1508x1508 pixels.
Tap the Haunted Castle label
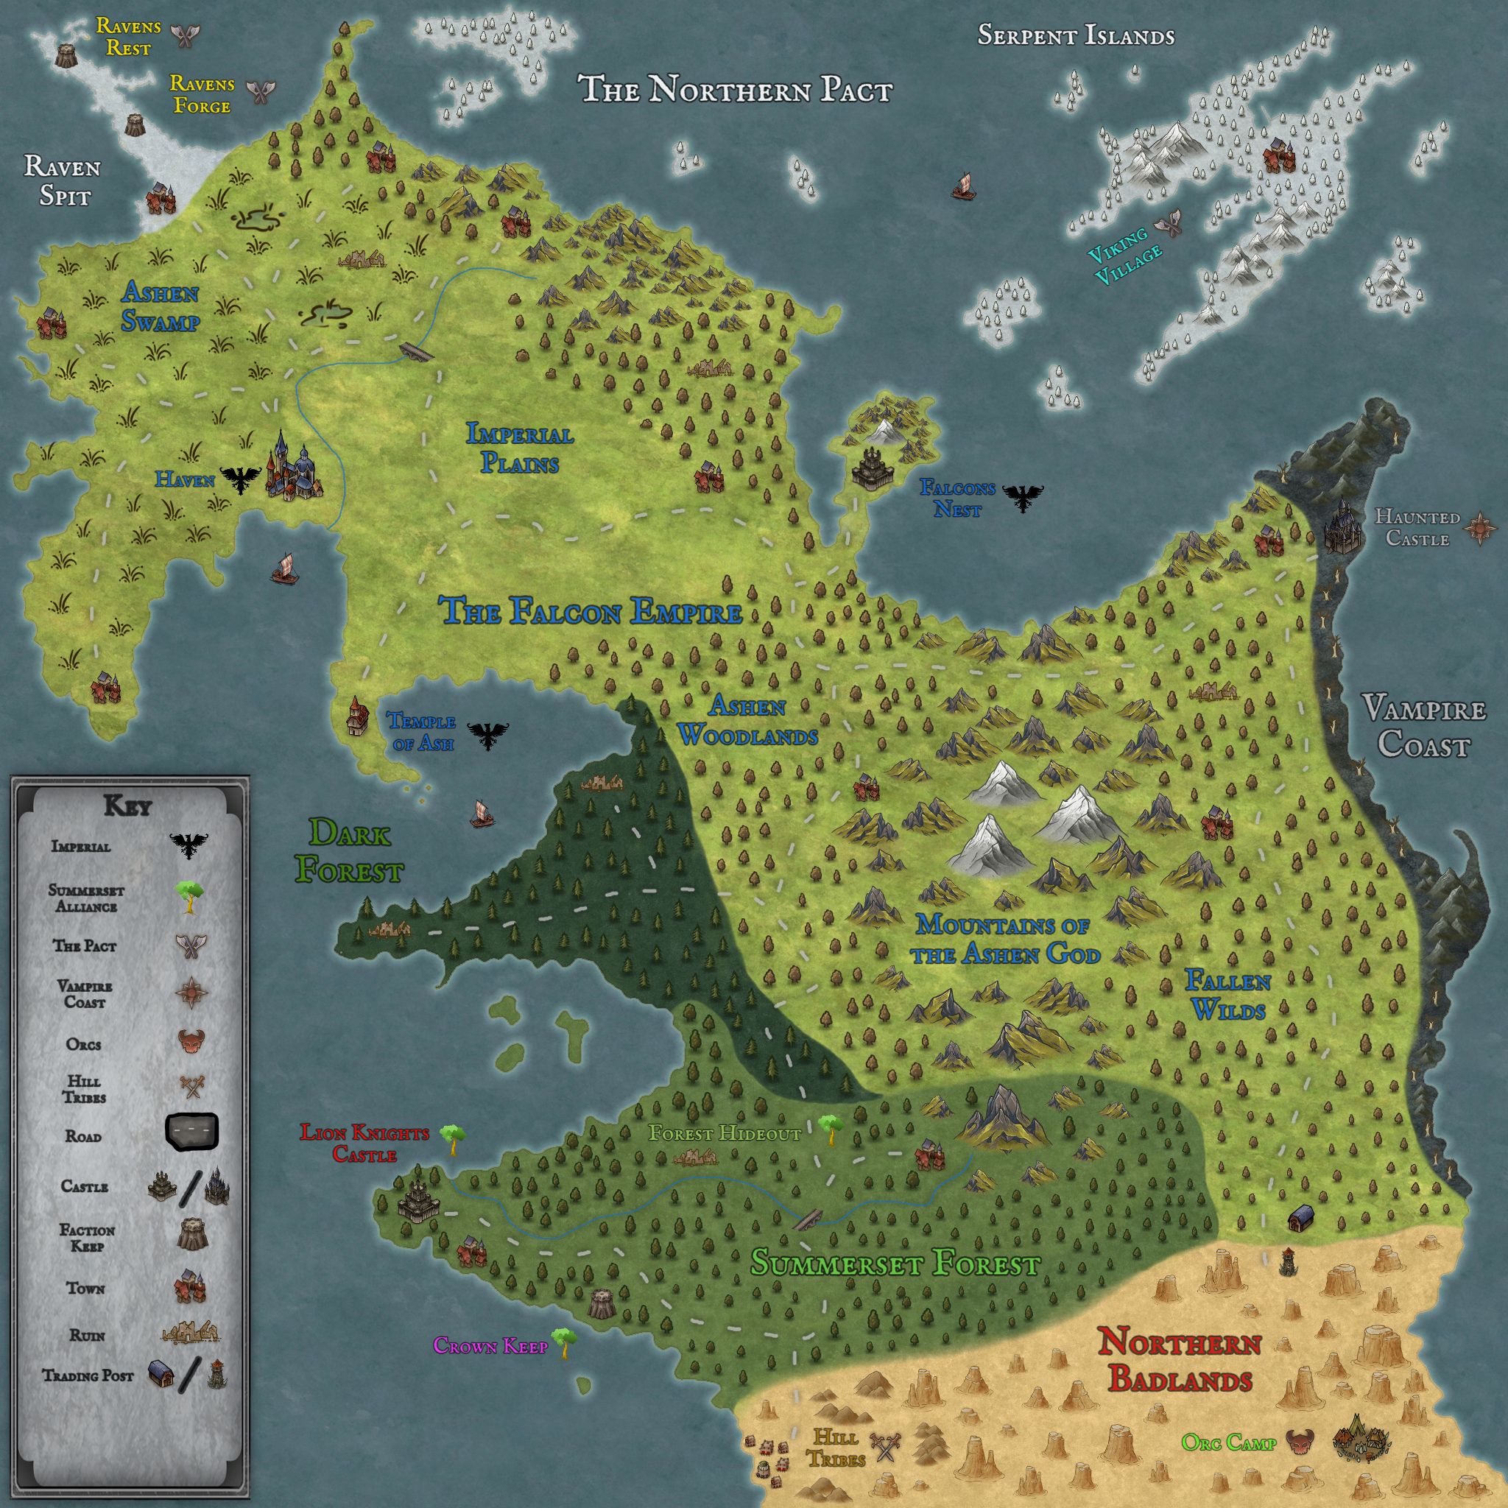[x=1417, y=528]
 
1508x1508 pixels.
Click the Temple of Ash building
[x=356, y=716]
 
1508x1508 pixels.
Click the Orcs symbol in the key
[x=191, y=1042]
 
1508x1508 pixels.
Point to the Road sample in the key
[x=191, y=1132]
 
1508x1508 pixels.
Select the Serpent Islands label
[x=1076, y=36]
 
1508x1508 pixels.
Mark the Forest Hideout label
[x=725, y=1133]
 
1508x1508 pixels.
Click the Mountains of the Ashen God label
[x=1004, y=939]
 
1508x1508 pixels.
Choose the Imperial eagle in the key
[x=190, y=846]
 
